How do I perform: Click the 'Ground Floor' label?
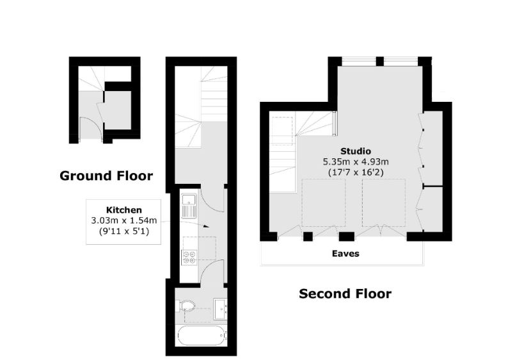pos(106,176)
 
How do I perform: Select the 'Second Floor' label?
pos(345,294)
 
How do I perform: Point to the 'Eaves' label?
pos(345,254)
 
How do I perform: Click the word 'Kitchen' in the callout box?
pos(123,210)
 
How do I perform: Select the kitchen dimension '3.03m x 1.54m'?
pos(123,221)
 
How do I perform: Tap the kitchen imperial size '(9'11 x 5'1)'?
pos(123,232)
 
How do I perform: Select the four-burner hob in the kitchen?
pos(189,258)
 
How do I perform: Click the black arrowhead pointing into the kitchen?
pos(205,226)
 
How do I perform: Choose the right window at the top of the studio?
pos(401,62)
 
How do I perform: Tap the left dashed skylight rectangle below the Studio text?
pos(324,202)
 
